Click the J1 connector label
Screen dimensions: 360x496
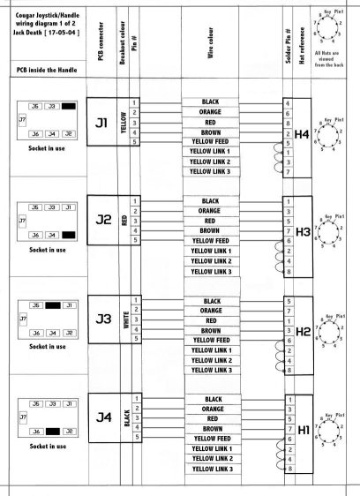point(101,123)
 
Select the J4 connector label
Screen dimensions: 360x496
point(104,417)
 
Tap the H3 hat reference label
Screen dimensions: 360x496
point(303,232)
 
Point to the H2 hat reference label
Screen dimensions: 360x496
point(303,332)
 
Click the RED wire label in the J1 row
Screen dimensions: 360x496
point(210,123)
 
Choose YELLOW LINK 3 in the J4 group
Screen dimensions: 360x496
point(213,469)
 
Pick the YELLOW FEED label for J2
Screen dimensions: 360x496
point(210,241)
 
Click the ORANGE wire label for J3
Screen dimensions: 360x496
point(211,311)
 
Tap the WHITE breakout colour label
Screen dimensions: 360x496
point(126,319)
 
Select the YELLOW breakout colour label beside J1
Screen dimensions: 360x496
point(124,123)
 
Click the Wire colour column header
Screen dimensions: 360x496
point(210,42)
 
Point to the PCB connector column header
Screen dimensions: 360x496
point(101,41)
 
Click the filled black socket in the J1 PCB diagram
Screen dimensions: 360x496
point(69,106)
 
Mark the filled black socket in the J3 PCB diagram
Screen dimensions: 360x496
point(53,305)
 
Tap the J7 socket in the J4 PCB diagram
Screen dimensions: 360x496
point(23,417)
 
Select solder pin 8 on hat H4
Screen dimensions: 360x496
point(288,124)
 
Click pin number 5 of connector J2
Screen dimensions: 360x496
point(135,240)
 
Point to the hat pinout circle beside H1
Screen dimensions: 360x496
point(328,432)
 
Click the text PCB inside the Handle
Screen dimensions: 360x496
point(47,70)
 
